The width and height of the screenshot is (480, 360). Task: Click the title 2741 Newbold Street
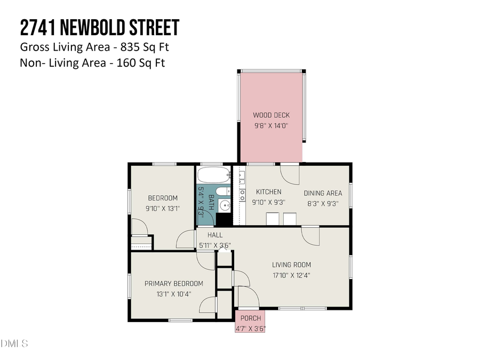[99, 27]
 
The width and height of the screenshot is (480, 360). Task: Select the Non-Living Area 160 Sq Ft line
[92, 63]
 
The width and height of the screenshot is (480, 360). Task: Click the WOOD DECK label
[271, 115]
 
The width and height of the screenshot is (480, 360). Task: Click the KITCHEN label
[268, 192]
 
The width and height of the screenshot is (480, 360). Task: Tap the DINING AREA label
[323, 193]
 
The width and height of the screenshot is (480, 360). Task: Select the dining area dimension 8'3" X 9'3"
[323, 203]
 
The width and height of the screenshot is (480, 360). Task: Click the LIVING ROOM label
[291, 265]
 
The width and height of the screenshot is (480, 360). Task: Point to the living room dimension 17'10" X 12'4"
[291, 275]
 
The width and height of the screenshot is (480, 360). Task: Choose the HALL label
[215, 235]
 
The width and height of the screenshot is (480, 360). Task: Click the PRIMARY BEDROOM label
[174, 284]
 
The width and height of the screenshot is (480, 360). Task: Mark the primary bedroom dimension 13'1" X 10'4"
[174, 294]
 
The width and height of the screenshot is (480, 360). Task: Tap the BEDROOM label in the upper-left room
[163, 198]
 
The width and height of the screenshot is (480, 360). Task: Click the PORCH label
[250, 318]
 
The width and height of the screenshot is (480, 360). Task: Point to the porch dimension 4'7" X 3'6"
[250, 328]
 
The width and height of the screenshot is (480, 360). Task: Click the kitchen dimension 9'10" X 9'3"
[268, 203]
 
